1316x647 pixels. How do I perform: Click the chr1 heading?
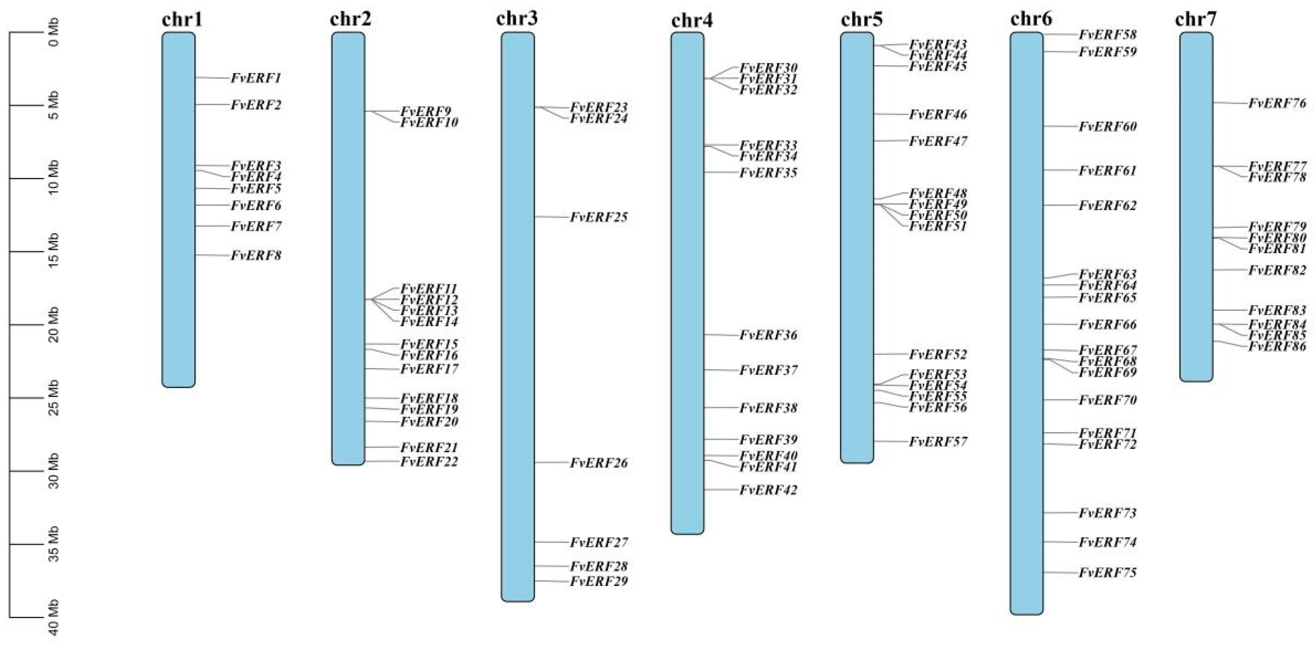[x=182, y=19]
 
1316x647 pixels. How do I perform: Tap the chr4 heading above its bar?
[x=692, y=20]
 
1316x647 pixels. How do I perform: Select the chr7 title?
[x=1195, y=19]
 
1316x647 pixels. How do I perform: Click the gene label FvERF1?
[x=256, y=78]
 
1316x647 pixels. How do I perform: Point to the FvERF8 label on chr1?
[x=256, y=255]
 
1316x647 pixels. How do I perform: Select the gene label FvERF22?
[x=429, y=461]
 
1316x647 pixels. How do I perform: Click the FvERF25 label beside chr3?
[x=599, y=218]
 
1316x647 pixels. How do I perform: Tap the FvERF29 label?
[x=599, y=581]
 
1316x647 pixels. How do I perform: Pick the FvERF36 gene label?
[x=768, y=335]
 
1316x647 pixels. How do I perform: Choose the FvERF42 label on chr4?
[x=768, y=490]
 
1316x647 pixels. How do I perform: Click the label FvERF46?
[x=938, y=114]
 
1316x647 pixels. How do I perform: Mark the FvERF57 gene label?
[x=938, y=442]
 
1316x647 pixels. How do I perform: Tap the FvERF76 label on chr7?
[x=1277, y=103]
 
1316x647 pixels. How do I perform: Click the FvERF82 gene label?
[x=1277, y=270]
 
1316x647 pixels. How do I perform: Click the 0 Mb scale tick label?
[x=53, y=32]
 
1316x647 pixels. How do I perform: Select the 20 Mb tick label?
[x=53, y=325]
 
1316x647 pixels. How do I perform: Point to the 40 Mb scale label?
[x=53, y=617]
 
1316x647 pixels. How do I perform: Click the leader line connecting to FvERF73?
[x=1060, y=512]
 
